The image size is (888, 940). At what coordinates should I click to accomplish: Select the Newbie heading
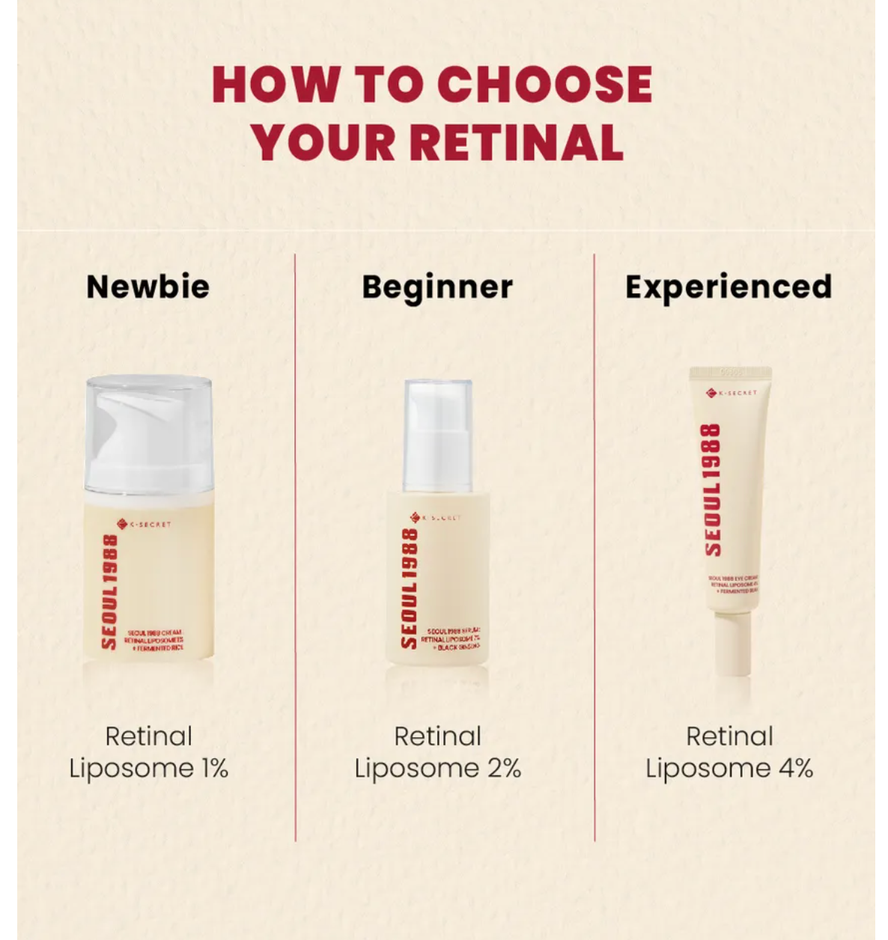click(148, 287)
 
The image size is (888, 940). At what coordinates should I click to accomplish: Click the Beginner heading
click(437, 287)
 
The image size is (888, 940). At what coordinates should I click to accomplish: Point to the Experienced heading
click(729, 287)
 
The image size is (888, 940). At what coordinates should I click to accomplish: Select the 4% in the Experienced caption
click(794, 769)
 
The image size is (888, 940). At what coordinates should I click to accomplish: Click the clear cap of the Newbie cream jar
click(149, 427)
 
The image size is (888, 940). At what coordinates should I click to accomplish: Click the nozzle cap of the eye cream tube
click(732, 644)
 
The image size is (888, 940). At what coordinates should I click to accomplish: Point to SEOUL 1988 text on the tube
click(712, 489)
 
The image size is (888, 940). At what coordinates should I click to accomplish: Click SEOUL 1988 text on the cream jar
click(110, 591)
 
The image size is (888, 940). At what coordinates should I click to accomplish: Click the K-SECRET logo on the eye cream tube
click(732, 392)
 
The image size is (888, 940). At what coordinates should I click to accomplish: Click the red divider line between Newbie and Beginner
click(295, 546)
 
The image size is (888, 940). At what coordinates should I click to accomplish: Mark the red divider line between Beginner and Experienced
click(594, 546)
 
